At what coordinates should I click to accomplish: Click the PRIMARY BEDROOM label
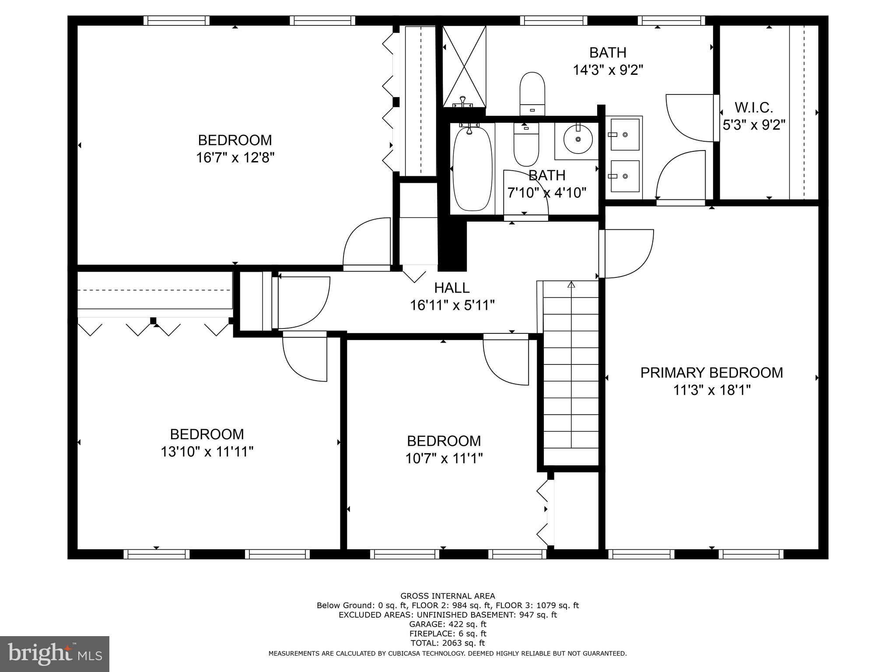tap(711, 373)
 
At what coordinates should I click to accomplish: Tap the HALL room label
tap(452, 288)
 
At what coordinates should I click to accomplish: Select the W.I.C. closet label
tap(753, 108)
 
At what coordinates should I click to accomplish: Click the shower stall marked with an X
tap(464, 66)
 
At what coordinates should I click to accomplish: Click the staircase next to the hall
tap(570, 372)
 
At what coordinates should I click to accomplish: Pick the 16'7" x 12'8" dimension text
tap(235, 157)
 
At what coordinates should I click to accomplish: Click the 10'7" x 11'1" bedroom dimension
tap(444, 458)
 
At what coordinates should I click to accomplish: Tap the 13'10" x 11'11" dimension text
tap(207, 451)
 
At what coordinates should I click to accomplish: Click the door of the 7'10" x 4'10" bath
tap(525, 192)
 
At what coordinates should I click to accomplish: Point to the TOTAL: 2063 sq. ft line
tap(448, 643)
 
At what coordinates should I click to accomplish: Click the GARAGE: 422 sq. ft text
tap(448, 624)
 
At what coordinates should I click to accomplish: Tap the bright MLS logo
tap(55, 654)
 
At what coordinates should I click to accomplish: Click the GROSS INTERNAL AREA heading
tap(448, 596)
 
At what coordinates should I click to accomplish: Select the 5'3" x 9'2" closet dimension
tap(754, 126)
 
